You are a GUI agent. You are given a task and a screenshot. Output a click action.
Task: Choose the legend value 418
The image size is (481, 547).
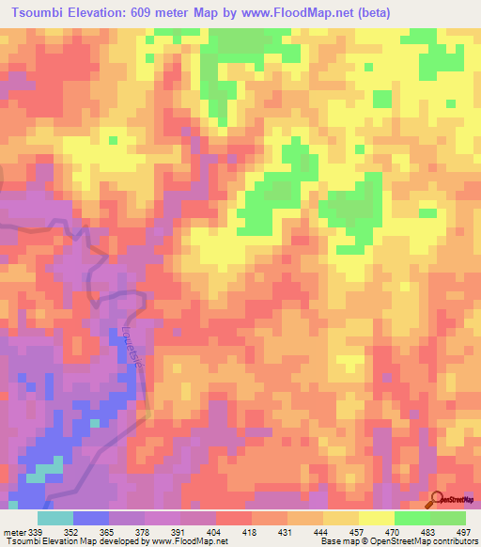tap(251, 531)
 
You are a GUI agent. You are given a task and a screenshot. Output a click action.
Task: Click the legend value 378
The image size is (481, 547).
tap(144, 531)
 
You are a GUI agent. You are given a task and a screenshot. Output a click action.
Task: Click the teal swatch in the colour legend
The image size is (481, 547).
tap(55, 518)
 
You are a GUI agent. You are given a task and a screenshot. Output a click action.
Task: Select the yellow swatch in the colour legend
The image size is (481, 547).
tap(375, 518)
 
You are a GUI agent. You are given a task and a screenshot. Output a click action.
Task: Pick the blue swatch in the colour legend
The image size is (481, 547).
tap(91, 518)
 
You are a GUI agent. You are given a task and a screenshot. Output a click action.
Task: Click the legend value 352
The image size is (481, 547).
tap(72, 531)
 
